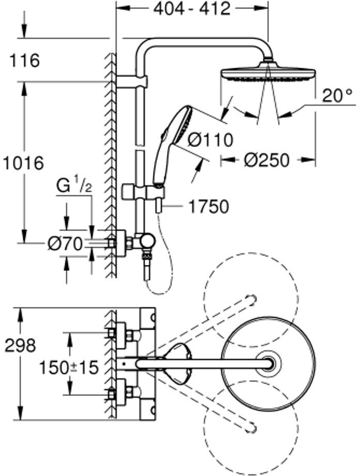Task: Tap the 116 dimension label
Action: (x=24, y=61)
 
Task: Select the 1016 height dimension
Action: (x=22, y=164)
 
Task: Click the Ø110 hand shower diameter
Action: (x=210, y=140)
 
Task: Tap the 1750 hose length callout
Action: (x=208, y=207)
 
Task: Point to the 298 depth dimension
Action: (x=20, y=346)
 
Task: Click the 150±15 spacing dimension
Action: (x=69, y=368)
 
